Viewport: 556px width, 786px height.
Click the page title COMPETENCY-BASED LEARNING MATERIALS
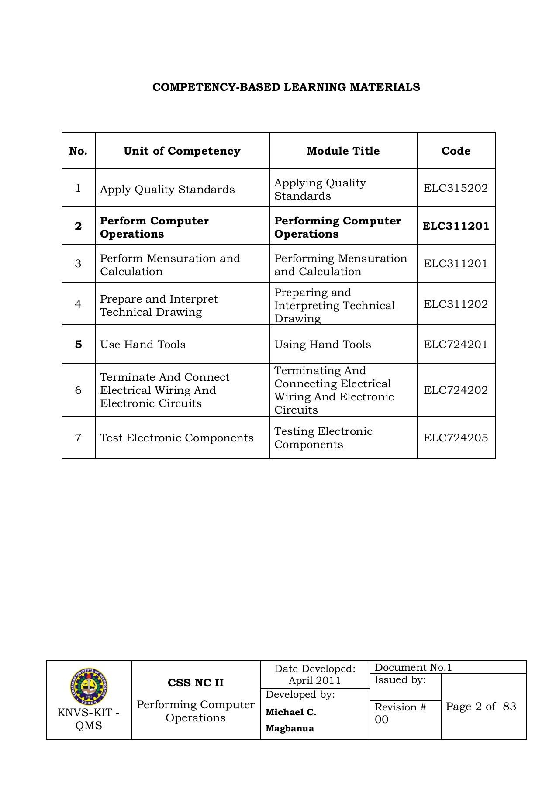click(x=286, y=87)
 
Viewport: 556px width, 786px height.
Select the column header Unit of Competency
click(x=182, y=151)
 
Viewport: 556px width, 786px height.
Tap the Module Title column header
click(x=343, y=151)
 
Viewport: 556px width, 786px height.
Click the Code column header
click(x=456, y=151)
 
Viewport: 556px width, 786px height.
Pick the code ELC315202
click(x=456, y=188)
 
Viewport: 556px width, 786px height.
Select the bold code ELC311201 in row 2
click(x=456, y=226)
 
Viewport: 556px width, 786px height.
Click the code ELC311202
click(x=456, y=304)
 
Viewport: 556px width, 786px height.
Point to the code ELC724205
click(x=456, y=438)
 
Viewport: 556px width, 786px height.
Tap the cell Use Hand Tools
click(x=143, y=345)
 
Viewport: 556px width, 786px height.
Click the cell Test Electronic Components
click(x=176, y=438)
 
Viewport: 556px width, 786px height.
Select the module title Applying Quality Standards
click(x=320, y=189)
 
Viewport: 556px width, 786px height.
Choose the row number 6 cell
click(x=78, y=390)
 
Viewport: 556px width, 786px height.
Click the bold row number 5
click(x=78, y=345)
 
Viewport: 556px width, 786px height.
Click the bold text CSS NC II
click(x=195, y=683)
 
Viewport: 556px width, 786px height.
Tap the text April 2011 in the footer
click(x=314, y=680)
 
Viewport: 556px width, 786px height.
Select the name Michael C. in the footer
click(x=291, y=712)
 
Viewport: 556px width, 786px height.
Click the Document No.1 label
click(x=413, y=667)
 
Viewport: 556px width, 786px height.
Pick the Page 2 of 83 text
click(x=481, y=707)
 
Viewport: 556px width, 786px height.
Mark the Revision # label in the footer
click(x=400, y=707)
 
